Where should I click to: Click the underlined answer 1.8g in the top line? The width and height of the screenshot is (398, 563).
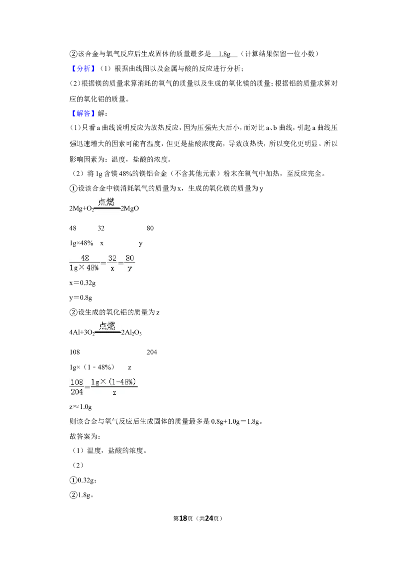click(224, 54)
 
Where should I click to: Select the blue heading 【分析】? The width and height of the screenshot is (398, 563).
click(83, 69)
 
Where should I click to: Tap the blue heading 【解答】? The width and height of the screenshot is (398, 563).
click(83, 113)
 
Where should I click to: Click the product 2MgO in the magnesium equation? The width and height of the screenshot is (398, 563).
click(130, 208)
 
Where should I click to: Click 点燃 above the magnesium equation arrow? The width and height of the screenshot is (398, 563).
click(106, 202)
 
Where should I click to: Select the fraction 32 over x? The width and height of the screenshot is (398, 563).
click(112, 263)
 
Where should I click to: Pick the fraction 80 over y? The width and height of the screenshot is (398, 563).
click(130, 263)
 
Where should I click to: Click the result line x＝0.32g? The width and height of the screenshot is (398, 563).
click(83, 283)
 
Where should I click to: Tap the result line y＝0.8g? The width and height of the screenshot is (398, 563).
click(81, 297)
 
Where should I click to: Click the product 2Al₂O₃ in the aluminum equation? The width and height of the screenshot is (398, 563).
click(131, 333)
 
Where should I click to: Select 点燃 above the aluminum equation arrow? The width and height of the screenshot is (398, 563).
click(107, 326)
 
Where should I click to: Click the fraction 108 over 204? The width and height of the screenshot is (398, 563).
click(77, 387)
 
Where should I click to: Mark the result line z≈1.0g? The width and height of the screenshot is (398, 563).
click(81, 407)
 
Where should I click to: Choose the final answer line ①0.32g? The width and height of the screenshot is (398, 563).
click(83, 480)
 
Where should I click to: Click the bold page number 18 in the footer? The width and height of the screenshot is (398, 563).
click(183, 518)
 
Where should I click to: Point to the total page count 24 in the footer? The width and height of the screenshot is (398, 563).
click(209, 518)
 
